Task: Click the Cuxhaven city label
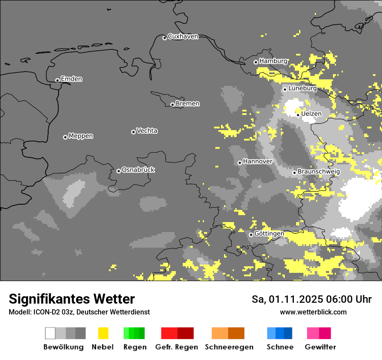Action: (x=183, y=36)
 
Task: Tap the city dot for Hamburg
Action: (x=256, y=62)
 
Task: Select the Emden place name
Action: (x=71, y=79)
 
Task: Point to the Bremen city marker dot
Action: (x=172, y=105)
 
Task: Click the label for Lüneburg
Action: (x=302, y=88)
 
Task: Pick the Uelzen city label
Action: (x=311, y=114)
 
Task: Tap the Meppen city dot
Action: (x=65, y=137)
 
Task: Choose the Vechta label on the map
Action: (x=147, y=131)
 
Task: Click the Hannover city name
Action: (x=257, y=161)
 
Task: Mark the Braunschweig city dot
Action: (x=294, y=173)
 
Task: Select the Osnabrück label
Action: (x=138, y=170)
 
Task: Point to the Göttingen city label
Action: (x=269, y=234)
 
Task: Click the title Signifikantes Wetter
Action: (x=72, y=299)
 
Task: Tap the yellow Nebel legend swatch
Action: (x=103, y=333)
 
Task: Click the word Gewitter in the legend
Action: (x=320, y=347)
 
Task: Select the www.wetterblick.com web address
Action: (x=313, y=312)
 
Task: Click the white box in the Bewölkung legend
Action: (x=50, y=333)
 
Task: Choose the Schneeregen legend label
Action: (x=229, y=347)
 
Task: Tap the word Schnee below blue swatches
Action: (x=280, y=347)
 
